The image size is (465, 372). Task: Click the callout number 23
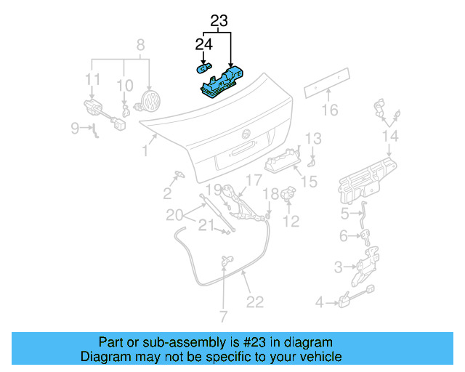pos(219,21)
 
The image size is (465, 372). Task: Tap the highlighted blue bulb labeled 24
pos(203,69)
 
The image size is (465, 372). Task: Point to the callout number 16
pos(331,110)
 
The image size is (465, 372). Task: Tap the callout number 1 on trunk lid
pos(145,150)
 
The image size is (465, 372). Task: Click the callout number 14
pos(390,136)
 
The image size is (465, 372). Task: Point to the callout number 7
pos(223,316)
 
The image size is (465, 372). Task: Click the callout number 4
pos(319,302)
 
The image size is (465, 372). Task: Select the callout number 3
pos(339,267)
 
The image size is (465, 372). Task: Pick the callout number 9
pos(75,129)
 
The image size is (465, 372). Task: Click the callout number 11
pos(92,78)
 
